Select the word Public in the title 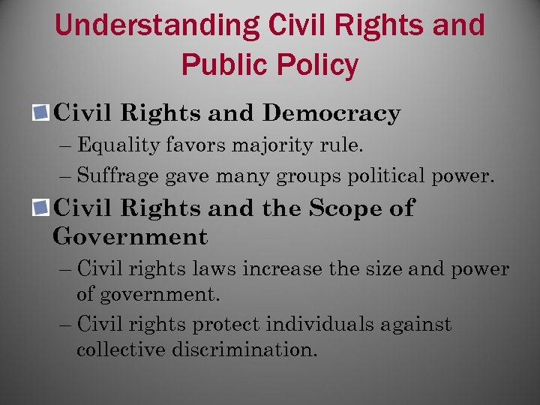[x=223, y=66]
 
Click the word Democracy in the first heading [x=331, y=114]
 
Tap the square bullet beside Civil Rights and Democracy [x=42, y=114]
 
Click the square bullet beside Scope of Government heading [x=42, y=208]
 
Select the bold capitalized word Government [x=130, y=238]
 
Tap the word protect [x=226, y=325]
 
